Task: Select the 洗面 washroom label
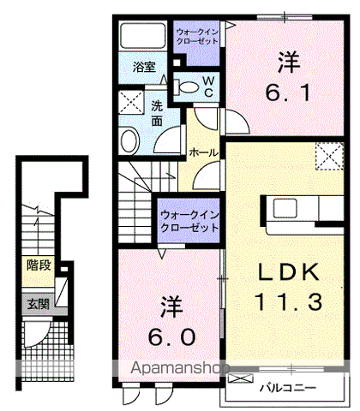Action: coord(158,112)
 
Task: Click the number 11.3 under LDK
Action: coord(289,301)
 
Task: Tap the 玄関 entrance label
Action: coord(38,304)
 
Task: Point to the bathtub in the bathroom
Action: coord(143,37)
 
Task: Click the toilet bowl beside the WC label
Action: coord(185,85)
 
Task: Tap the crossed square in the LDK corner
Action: coord(327,157)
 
